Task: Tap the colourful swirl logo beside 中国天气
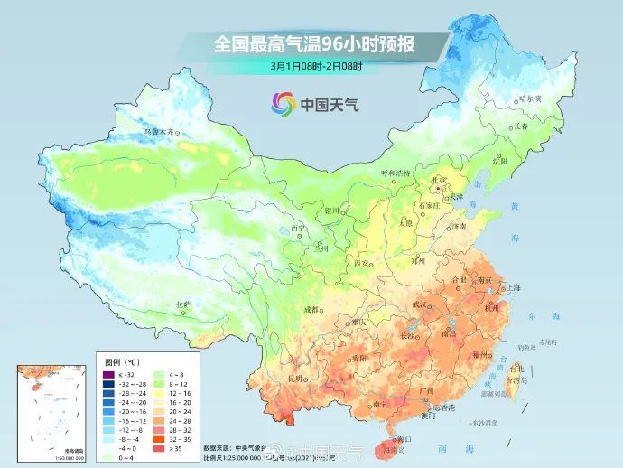tap(283, 105)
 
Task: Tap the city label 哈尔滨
tap(530, 98)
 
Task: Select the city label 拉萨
tap(183, 304)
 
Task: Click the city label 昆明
tap(293, 378)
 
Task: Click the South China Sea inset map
tap(48, 411)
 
